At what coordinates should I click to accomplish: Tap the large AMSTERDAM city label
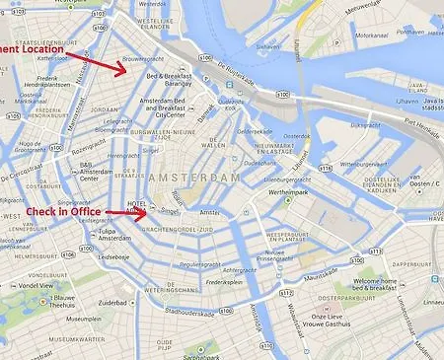(193, 178)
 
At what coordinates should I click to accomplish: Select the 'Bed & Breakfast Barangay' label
(169, 80)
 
